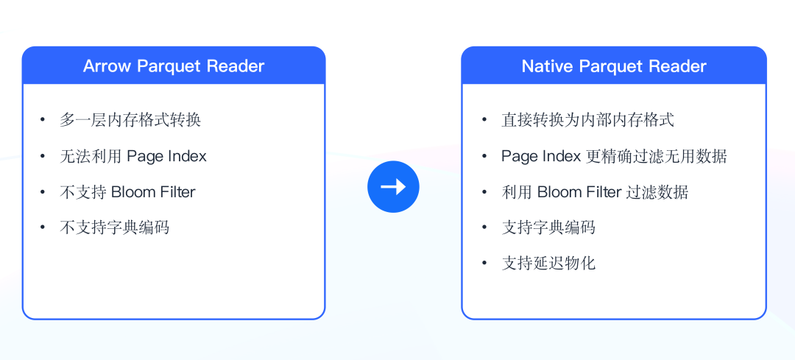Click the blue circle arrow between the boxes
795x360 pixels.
(393, 187)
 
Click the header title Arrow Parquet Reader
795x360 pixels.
(174, 66)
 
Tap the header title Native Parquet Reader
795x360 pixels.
(614, 66)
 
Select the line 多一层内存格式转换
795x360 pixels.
(130, 120)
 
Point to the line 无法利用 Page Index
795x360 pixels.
(133, 156)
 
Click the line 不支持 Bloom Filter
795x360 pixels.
(127, 192)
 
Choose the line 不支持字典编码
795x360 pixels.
(114, 227)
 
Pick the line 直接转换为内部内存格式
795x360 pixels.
(587, 120)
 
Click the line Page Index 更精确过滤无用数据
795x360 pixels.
(614, 156)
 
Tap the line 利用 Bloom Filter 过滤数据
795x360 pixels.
(595, 192)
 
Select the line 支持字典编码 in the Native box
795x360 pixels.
(548, 227)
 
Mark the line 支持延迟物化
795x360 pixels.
(548, 263)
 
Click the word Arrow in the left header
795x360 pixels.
(107, 66)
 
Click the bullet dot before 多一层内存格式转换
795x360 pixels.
(43, 120)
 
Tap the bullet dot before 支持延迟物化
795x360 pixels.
(484, 263)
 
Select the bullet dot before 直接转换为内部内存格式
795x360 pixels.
(484, 120)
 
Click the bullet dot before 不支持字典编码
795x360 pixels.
(43, 227)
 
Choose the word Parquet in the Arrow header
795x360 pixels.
(169, 66)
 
